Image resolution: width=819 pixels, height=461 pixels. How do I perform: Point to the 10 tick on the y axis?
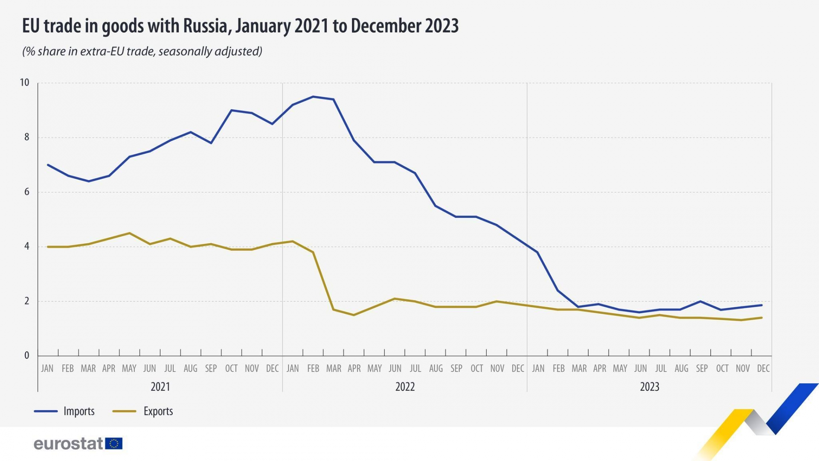click(25, 82)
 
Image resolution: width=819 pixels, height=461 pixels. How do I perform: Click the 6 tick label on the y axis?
click(27, 192)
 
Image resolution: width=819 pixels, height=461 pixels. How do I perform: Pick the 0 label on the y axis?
click(27, 355)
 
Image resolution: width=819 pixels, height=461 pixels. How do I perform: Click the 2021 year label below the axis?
click(160, 387)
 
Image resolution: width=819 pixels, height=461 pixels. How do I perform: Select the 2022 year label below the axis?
click(405, 387)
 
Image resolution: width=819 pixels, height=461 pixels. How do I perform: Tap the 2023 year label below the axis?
click(650, 387)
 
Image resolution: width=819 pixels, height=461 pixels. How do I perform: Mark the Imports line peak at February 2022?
click(313, 96)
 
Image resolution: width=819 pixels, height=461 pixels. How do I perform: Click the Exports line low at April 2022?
click(354, 315)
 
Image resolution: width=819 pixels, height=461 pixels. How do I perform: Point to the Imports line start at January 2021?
click(47, 165)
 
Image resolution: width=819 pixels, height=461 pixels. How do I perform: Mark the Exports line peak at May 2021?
click(129, 233)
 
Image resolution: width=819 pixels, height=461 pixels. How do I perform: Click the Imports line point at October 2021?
click(231, 110)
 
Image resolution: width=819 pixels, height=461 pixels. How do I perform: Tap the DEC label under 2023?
click(763, 368)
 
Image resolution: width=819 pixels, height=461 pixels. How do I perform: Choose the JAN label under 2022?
click(293, 368)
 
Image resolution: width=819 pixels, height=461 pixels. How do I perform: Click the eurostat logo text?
click(68, 443)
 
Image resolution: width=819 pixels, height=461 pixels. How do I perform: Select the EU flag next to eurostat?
click(114, 443)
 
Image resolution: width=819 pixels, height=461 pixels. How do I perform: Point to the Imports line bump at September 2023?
click(700, 301)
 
